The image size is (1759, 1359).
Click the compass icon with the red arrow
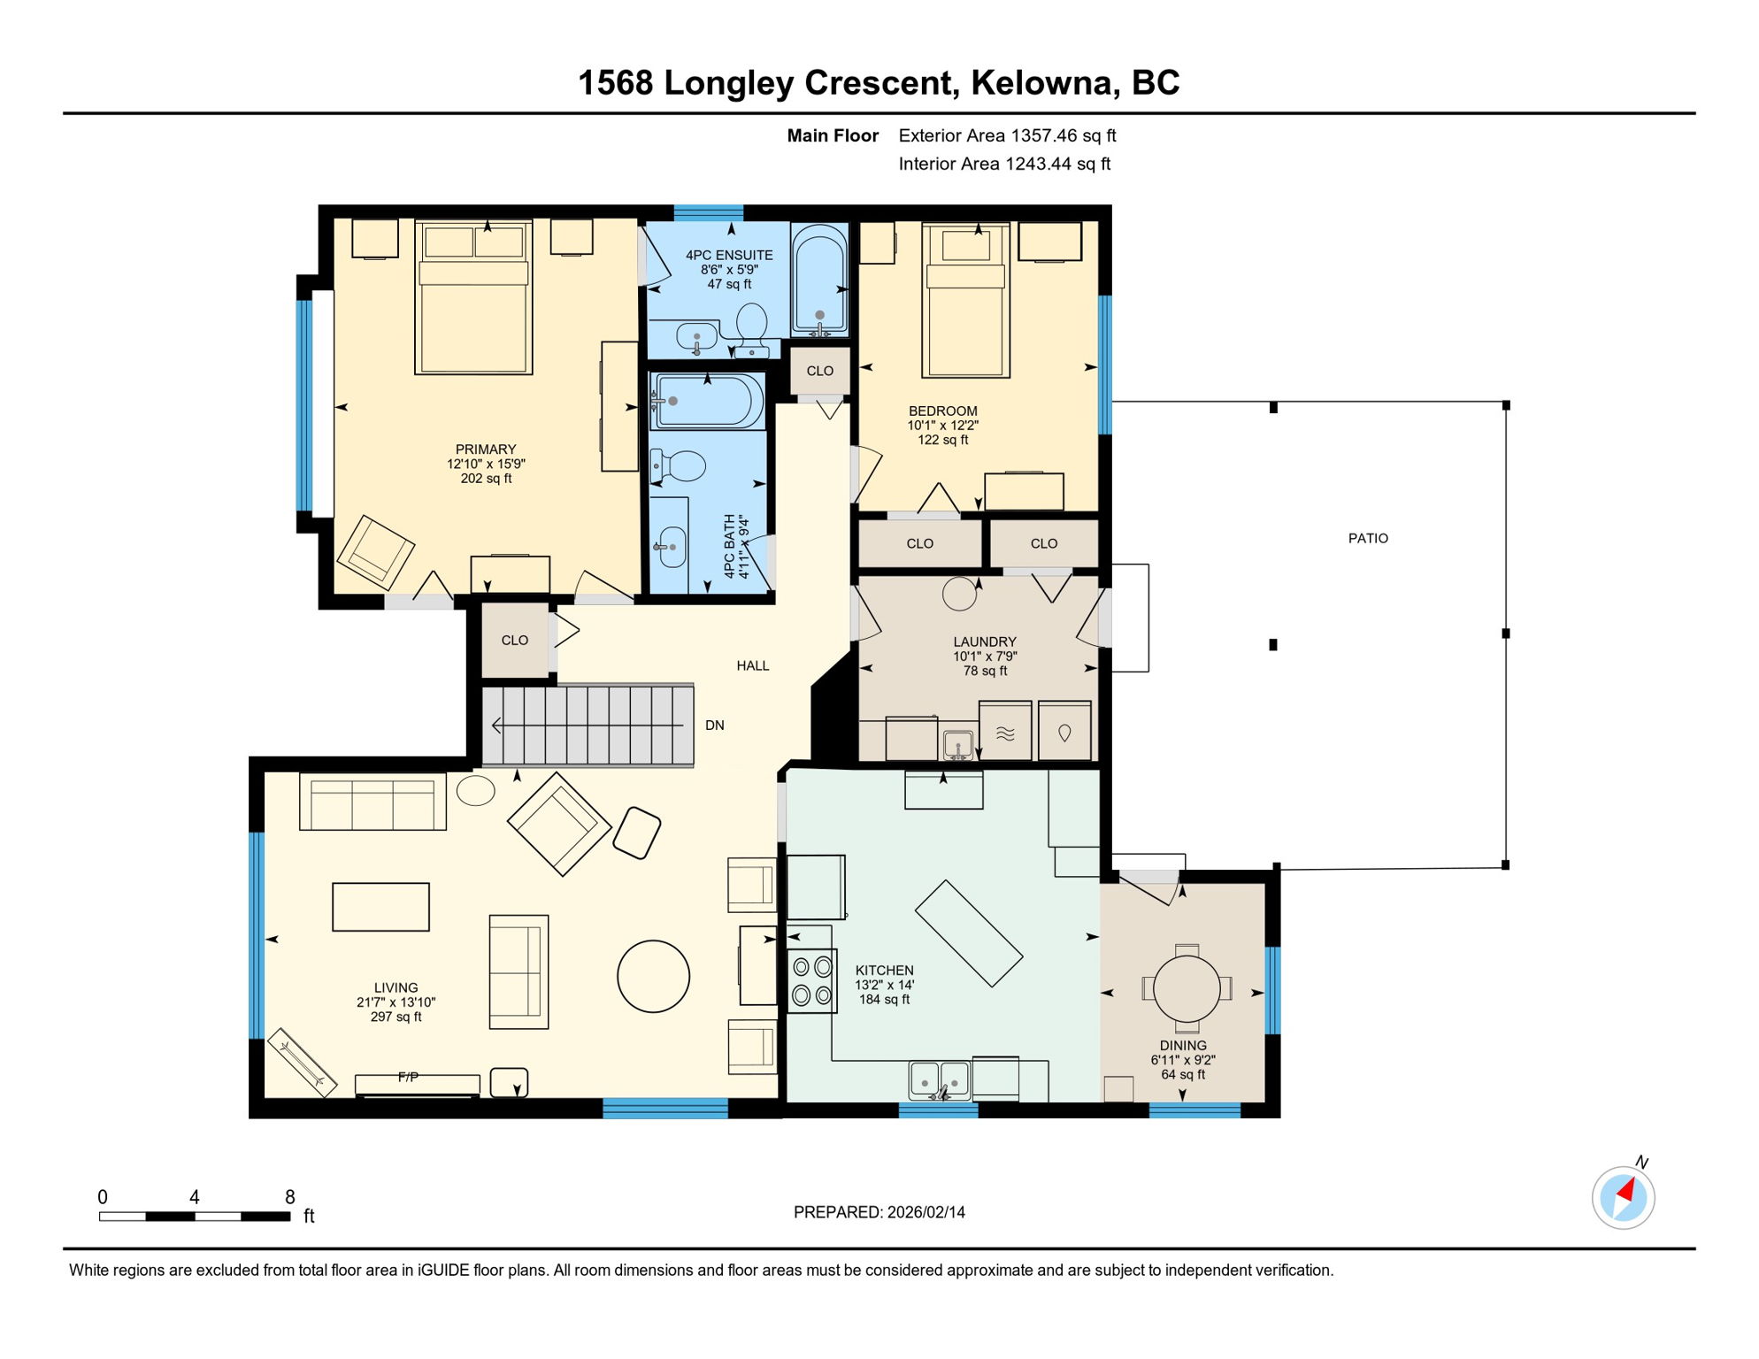[x=1623, y=1198]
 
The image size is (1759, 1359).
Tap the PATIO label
[x=1367, y=538]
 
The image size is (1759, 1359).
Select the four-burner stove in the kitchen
[x=811, y=980]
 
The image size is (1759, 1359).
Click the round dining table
[x=1187, y=988]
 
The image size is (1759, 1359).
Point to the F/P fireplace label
[x=408, y=1077]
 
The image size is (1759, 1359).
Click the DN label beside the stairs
[x=714, y=726]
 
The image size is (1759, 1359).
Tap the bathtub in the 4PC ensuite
[x=819, y=279]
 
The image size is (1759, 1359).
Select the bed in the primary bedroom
[x=473, y=298]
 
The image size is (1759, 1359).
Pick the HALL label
[x=752, y=665]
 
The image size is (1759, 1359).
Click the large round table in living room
[x=653, y=976]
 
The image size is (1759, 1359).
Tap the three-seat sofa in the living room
[x=373, y=802]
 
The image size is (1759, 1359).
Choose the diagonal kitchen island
[x=968, y=933]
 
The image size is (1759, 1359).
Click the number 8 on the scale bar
[x=289, y=1197]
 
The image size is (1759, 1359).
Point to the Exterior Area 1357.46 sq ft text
[x=1007, y=135]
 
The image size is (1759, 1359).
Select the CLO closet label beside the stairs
[x=514, y=640]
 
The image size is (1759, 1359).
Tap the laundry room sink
[x=957, y=744]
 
